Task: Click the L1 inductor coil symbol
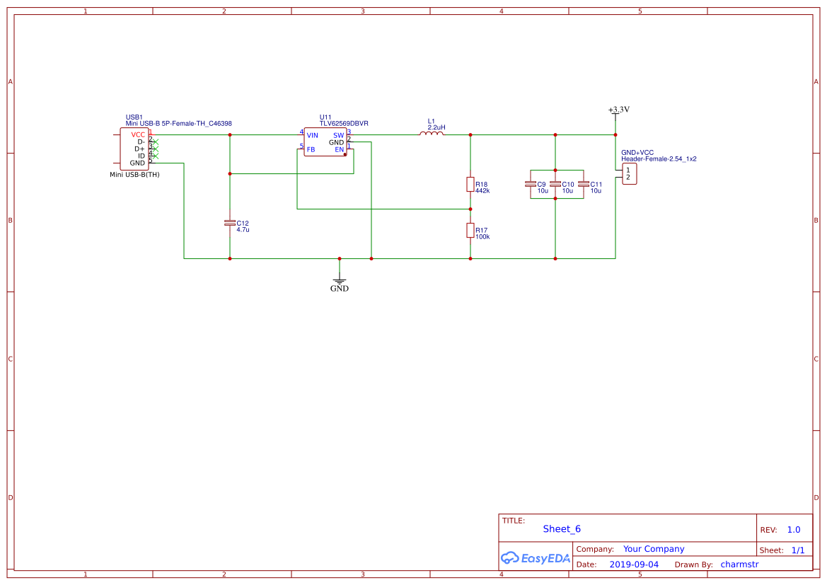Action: click(x=432, y=134)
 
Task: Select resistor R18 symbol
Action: click(x=470, y=185)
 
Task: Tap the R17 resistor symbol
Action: click(x=470, y=230)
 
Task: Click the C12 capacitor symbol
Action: click(x=229, y=223)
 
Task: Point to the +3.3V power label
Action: click(x=618, y=110)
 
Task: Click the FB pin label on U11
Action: click(x=311, y=149)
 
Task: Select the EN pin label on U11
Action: click(x=339, y=149)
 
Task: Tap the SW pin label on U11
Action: click(x=338, y=135)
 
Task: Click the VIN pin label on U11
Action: click(x=312, y=135)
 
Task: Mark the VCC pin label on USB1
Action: click(x=138, y=134)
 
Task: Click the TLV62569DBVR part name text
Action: click(x=344, y=123)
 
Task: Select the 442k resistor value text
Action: click(x=482, y=191)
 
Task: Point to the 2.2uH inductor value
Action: click(x=436, y=127)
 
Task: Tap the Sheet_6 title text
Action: click(x=562, y=529)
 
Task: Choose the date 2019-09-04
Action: click(x=634, y=564)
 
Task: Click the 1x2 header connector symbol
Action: click(x=629, y=174)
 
